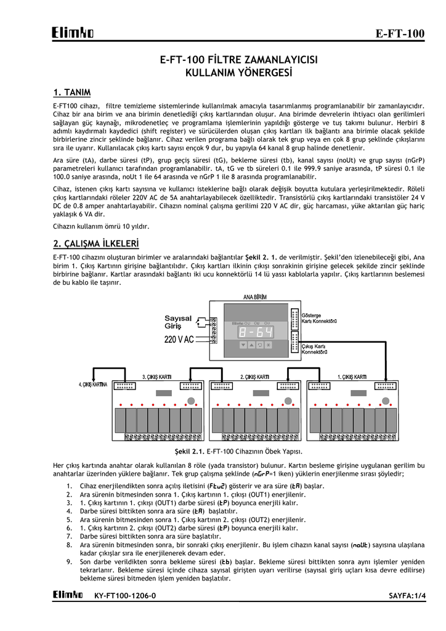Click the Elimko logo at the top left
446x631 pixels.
(x=73, y=33)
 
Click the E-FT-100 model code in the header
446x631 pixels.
(x=400, y=33)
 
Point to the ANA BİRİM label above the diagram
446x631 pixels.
(x=255, y=297)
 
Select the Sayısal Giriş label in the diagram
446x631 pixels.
(x=178, y=322)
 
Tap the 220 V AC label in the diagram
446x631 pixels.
(x=179, y=340)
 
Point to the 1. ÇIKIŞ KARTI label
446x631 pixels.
(x=352, y=377)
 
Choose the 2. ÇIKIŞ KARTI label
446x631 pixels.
(x=254, y=377)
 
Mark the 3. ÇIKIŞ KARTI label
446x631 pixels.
(x=157, y=377)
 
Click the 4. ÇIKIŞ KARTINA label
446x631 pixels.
(x=93, y=385)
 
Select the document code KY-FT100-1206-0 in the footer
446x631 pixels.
(x=125, y=595)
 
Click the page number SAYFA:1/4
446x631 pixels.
(x=407, y=595)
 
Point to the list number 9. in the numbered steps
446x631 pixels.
(x=69, y=563)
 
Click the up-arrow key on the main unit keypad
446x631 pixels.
(x=243, y=345)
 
